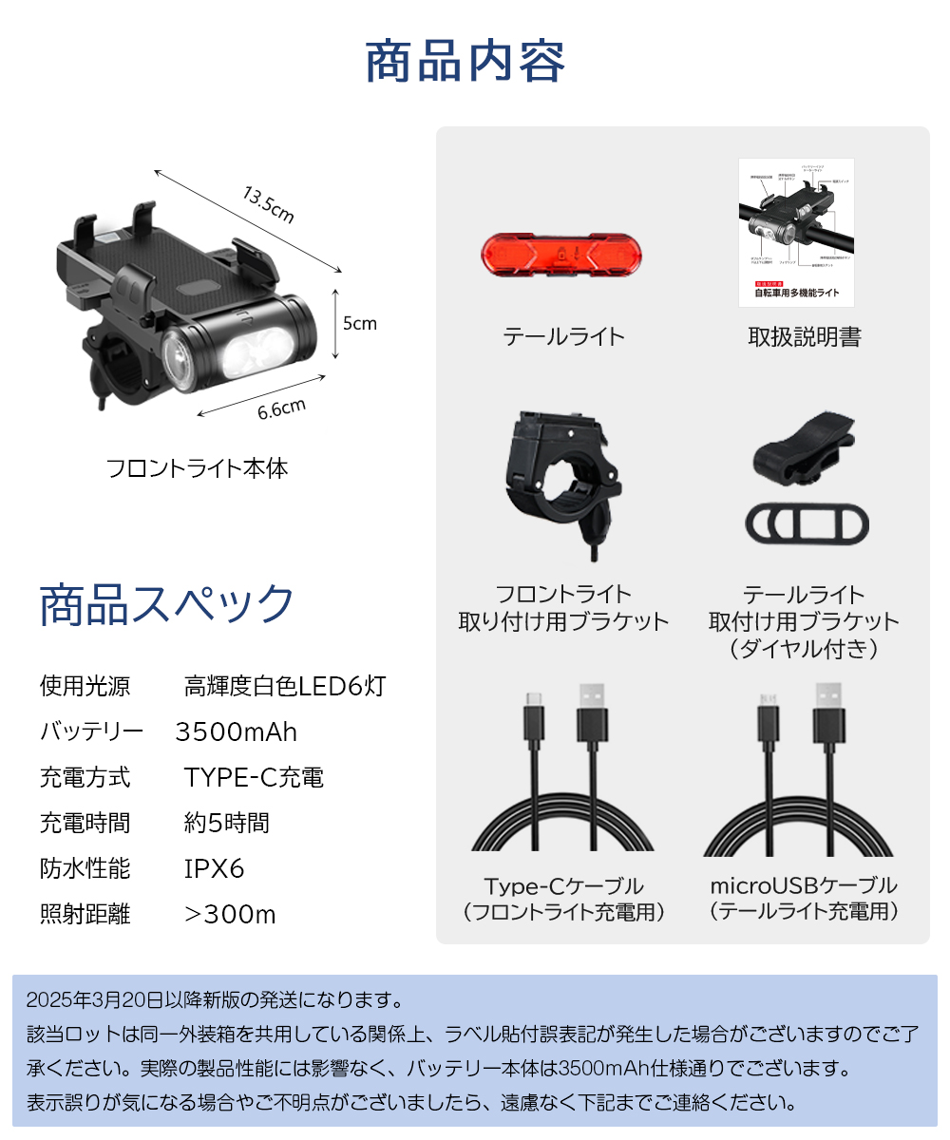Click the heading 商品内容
(x=465, y=63)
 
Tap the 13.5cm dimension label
(x=269, y=205)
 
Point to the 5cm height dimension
(x=359, y=323)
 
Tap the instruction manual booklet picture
(x=796, y=233)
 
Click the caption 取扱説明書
(x=804, y=337)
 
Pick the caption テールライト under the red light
(x=563, y=336)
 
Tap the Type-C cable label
(x=563, y=886)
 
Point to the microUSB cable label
(x=804, y=886)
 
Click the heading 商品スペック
(x=167, y=605)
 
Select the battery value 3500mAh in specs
(x=237, y=732)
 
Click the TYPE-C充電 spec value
(x=254, y=778)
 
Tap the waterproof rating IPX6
(x=214, y=869)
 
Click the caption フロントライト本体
(x=197, y=468)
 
